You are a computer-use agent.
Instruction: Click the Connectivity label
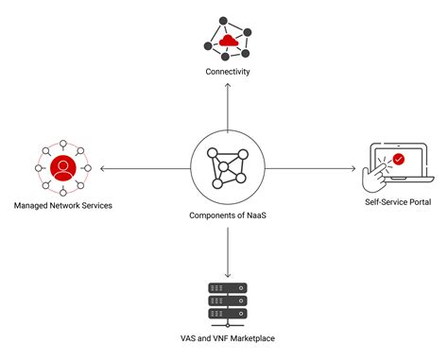coord(228,72)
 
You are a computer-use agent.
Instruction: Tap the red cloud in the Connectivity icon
coord(228,39)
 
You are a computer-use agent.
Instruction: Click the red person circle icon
coord(63,169)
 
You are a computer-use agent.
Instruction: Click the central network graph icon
coord(227,169)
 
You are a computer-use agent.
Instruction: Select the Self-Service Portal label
coord(398,203)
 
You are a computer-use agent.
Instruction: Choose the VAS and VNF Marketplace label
coord(227,338)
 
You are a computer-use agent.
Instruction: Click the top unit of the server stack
coord(227,287)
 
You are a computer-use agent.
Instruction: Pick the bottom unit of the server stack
coord(227,317)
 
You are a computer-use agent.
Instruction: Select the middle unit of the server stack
coord(227,302)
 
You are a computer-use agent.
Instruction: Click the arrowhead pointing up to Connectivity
coord(227,88)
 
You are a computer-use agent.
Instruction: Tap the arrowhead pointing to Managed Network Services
coord(102,170)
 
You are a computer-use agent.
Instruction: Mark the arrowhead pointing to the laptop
coord(354,170)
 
